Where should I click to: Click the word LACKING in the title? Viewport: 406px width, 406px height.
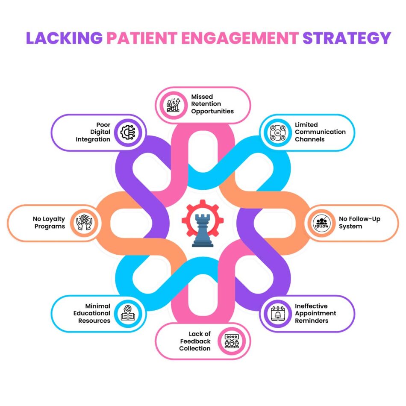64,38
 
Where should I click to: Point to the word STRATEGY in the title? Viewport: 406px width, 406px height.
347,38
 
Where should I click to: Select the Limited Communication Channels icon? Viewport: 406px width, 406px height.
277,132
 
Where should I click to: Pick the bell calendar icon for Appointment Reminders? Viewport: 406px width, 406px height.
277,314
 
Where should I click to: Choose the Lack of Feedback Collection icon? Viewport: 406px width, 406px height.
232,341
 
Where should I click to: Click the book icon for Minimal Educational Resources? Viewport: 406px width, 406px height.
128,314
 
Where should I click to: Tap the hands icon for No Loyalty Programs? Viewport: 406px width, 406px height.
83,223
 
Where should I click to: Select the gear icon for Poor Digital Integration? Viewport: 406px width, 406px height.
128,132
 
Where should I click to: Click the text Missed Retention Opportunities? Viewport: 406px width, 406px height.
212,104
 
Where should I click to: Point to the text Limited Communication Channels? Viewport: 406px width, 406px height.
320,132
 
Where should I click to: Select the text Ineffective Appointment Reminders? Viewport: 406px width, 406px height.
315,313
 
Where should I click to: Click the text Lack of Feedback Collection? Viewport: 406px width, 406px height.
195,341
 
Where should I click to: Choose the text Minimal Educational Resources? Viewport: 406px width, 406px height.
92,313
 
